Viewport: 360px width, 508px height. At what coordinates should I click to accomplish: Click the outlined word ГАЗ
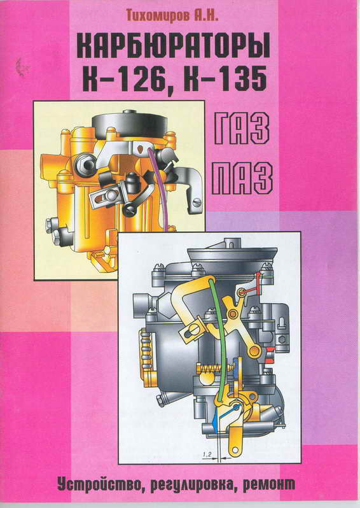coord(242,129)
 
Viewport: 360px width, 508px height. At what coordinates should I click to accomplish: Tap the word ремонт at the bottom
coord(268,484)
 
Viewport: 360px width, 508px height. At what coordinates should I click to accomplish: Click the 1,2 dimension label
coord(207,455)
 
